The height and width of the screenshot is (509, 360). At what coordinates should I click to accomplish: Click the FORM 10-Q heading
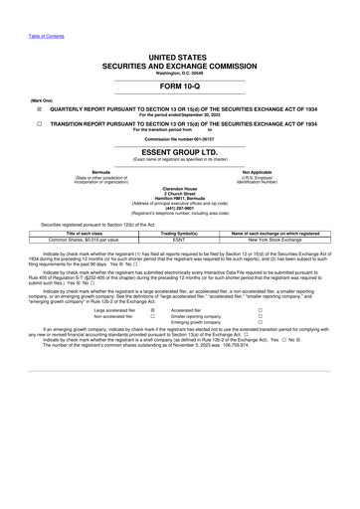(179, 87)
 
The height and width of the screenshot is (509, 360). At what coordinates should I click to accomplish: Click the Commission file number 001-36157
(180, 139)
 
